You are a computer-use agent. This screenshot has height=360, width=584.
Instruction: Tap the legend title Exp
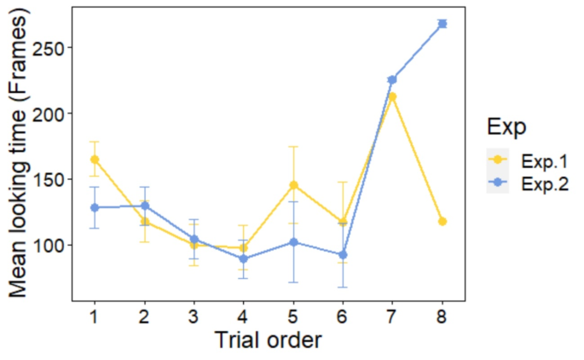click(x=506, y=127)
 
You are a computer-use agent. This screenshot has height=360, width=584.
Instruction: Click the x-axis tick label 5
click(x=292, y=316)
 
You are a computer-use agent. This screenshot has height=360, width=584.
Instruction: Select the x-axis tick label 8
click(x=442, y=316)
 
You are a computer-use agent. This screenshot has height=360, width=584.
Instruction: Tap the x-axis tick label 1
click(x=94, y=316)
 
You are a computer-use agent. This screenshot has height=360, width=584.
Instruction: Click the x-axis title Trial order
click(x=268, y=340)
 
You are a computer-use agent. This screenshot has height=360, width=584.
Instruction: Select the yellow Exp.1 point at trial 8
click(x=442, y=222)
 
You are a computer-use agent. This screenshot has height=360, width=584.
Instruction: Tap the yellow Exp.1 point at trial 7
click(x=392, y=96)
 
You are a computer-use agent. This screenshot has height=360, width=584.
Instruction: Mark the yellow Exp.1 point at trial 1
click(x=94, y=160)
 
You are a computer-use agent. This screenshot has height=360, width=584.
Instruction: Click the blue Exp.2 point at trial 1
click(x=94, y=207)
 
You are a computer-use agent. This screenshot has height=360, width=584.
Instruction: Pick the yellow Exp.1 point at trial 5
click(x=292, y=185)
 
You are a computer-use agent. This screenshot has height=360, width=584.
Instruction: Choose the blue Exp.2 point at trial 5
click(x=292, y=241)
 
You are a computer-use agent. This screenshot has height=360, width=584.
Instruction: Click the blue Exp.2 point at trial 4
click(x=243, y=258)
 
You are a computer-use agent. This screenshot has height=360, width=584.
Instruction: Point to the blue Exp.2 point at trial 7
click(x=392, y=79)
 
